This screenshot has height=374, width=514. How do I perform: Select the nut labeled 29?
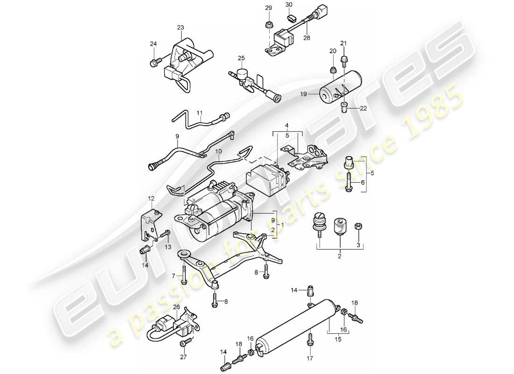pyautogui.click(x=269, y=23)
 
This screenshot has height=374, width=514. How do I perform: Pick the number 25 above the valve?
pyautogui.click(x=241, y=58)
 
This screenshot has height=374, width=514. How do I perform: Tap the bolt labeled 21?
pyautogui.click(x=344, y=59)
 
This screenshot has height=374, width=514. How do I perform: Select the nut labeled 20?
pyautogui.click(x=333, y=70)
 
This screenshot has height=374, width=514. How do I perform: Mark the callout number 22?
pyautogui.click(x=362, y=108)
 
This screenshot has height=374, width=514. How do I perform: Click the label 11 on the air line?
pyautogui.click(x=200, y=113)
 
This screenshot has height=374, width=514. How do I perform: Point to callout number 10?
pyautogui.click(x=219, y=152)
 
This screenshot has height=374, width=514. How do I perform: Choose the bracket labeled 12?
pyautogui.click(x=151, y=224)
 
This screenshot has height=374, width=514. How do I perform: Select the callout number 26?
pyautogui.click(x=176, y=307)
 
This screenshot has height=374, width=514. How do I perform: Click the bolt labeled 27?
pyautogui.click(x=182, y=344)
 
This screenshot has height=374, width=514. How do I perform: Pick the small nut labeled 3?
pyautogui.click(x=358, y=226)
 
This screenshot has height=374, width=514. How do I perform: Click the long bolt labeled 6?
pyautogui.click(x=349, y=182)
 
